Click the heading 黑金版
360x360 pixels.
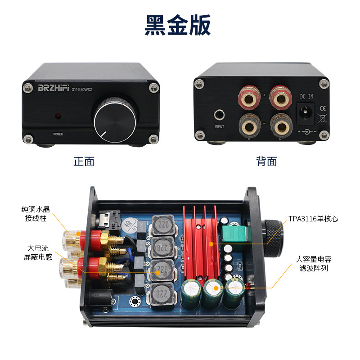click(x=178, y=26)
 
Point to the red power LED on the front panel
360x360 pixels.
click(x=58, y=117)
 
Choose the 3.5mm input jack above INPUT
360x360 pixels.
click(x=219, y=115)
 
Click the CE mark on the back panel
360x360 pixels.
click(x=322, y=108)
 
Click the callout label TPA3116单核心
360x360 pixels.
click(x=313, y=219)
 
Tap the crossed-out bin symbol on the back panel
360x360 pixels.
click(x=322, y=119)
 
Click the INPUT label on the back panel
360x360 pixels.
click(x=219, y=127)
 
